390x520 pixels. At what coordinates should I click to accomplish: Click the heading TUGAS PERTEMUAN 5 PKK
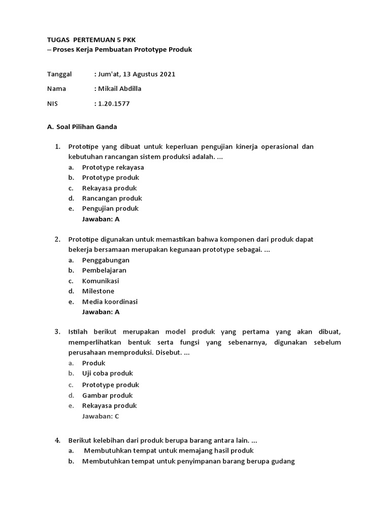[91, 39]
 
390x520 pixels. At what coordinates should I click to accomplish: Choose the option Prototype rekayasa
[113, 167]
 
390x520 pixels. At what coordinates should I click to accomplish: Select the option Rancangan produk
[112, 198]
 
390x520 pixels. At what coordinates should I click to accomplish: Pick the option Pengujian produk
[110, 208]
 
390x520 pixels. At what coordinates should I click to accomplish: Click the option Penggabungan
[106, 260]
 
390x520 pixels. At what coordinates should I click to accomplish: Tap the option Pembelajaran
[104, 270]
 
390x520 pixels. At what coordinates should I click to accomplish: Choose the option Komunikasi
[101, 281]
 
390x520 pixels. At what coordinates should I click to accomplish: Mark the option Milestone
[98, 291]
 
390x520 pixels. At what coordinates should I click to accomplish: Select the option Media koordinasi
[110, 302]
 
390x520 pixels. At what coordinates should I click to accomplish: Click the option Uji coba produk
[108, 373]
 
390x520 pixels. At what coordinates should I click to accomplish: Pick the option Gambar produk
[107, 395]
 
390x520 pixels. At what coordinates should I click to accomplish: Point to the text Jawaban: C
[101, 416]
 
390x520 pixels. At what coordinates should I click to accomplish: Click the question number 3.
[57, 332]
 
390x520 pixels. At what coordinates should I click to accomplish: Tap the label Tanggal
[59, 74]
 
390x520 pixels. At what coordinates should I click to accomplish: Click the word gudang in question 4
[284, 461]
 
